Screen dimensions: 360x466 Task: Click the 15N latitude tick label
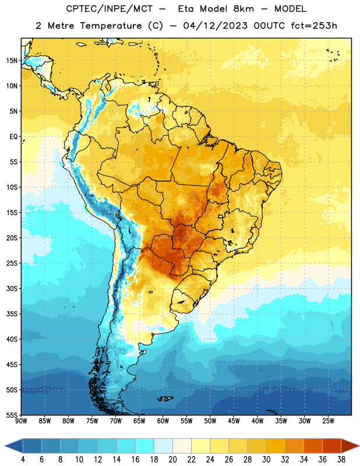point(12,61)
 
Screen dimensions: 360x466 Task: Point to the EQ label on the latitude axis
point(13,137)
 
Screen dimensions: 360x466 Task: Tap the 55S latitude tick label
point(12,415)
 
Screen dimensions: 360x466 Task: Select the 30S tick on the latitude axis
point(12,288)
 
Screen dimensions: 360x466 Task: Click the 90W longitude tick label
point(21,421)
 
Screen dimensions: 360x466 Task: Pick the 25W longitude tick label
point(328,421)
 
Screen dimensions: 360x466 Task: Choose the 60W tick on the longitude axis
point(163,421)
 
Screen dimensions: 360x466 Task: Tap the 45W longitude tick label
point(234,421)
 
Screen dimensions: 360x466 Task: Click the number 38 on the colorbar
point(341,460)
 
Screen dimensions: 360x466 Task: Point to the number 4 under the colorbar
point(23,460)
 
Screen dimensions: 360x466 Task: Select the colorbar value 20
point(172,460)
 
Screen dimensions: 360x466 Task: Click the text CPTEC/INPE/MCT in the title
point(110,9)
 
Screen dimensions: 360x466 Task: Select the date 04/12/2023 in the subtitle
point(215,26)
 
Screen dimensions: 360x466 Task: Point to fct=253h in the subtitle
point(314,26)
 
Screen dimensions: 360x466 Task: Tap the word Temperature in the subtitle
point(111,26)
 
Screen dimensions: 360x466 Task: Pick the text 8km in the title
point(243,9)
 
